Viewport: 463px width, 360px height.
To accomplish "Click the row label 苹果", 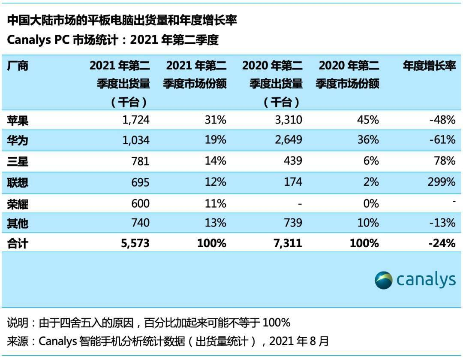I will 18,120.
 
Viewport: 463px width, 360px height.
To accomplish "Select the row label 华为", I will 18,140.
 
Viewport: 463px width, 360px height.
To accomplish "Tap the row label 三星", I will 18,161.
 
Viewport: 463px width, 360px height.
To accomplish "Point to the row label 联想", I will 18,182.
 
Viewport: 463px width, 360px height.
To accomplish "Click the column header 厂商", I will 18,66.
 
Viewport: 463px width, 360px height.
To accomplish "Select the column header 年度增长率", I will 429,66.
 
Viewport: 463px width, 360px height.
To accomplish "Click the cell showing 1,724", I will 134,120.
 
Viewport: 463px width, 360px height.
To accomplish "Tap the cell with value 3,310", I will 286,120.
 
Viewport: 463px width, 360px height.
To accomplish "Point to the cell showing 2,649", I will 286,140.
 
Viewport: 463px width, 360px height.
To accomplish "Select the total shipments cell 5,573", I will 133,243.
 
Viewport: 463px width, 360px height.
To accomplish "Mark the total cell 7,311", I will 286,243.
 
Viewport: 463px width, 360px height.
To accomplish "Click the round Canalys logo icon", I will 383,280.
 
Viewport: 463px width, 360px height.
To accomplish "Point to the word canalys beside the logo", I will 426,280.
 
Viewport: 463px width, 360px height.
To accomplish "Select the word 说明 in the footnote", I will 18,323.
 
